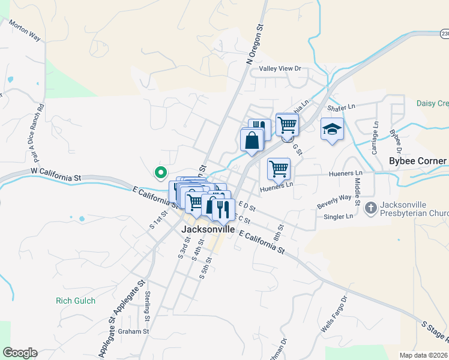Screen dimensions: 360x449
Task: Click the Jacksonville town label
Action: [207, 229]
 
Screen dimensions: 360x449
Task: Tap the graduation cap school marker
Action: [332, 129]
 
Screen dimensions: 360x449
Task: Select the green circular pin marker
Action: [160, 173]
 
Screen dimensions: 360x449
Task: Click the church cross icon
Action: [371, 208]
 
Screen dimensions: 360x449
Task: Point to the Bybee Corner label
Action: [418, 161]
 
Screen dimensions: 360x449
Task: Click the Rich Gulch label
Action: [75, 301]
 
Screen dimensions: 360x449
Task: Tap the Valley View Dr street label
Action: [280, 69]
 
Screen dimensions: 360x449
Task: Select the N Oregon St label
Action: [255, 44]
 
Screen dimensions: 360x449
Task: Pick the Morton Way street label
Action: [25, 33]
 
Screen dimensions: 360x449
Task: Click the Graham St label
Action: [133, 331]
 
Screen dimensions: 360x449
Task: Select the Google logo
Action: [20, 353]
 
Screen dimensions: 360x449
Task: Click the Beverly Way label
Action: [334, 202]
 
